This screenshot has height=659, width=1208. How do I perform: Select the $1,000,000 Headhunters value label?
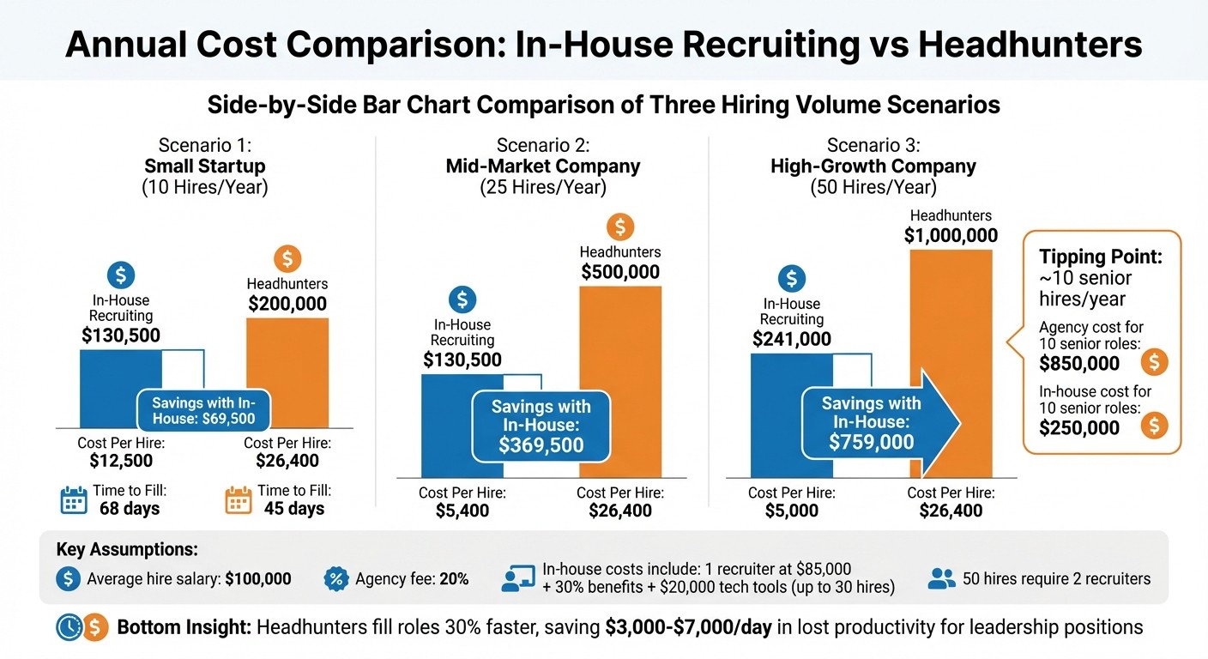tap(951, 236)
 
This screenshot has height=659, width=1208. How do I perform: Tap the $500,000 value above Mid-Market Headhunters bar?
tap(620, 273)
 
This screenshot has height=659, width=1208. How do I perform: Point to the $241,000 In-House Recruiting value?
tap(791, 339)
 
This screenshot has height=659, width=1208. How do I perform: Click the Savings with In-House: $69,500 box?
tap(204, 411)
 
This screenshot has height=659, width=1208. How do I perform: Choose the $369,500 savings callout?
tap(541, 426)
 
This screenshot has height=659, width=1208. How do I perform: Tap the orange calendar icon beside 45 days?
tap(238, 500)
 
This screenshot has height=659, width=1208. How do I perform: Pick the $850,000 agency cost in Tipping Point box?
tap(1078, 363)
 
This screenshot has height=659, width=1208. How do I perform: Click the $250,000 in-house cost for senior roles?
tap(1078, 427)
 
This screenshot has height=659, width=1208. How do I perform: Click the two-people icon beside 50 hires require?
tap(942, 579)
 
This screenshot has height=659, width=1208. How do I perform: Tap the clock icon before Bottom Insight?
tap(68, 628)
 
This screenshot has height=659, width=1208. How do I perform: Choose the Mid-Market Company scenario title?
tap(542, 166)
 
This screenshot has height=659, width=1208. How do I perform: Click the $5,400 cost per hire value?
tap(462, 511)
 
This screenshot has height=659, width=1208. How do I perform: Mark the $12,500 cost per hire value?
tap(121, 462)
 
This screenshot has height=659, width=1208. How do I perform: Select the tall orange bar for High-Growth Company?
tap(951, 360)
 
